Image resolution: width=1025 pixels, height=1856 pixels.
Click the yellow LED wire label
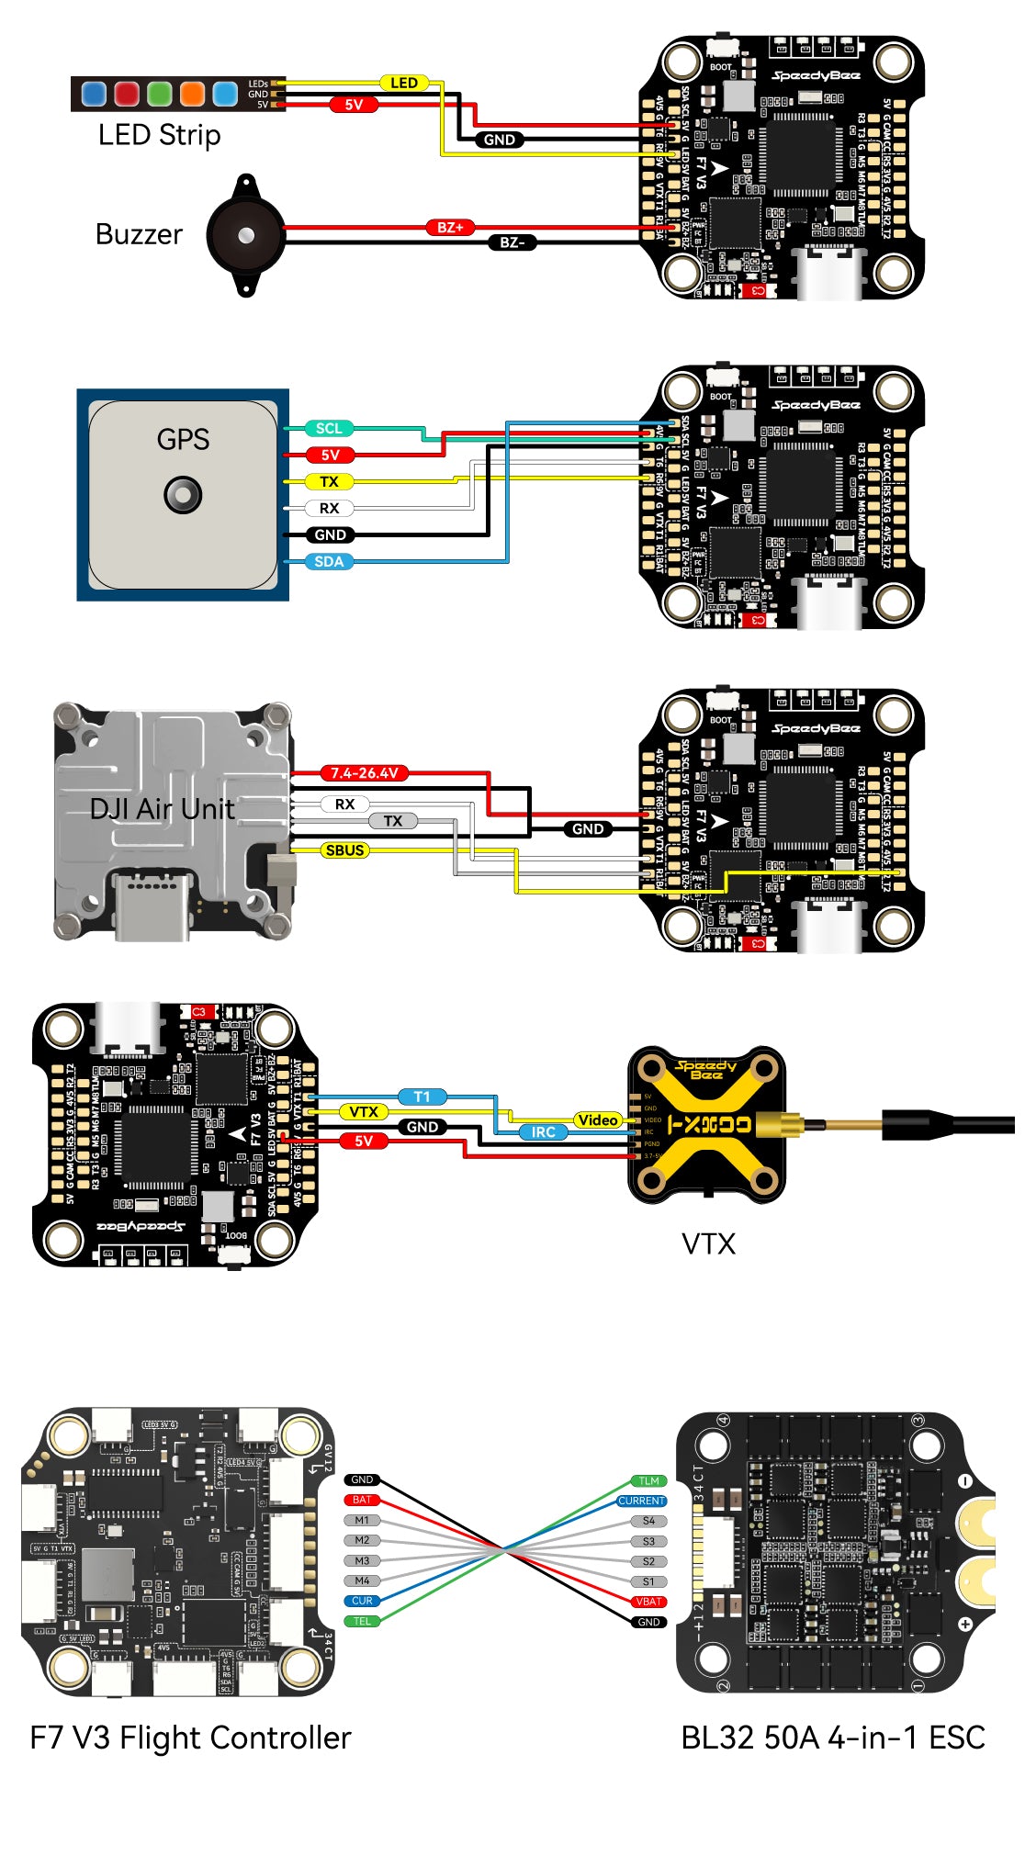point(404,83)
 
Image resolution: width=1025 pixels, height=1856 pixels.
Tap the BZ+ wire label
point(450,227)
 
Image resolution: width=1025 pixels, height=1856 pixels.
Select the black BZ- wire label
point(512,242)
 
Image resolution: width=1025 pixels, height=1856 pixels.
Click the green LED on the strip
point(160,94)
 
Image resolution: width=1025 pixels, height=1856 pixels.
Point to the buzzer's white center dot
point(245,236)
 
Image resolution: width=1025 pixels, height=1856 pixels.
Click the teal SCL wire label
point(329,428)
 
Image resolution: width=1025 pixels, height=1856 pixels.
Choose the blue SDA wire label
point(329,561)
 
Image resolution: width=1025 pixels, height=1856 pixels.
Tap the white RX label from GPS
point(329,508)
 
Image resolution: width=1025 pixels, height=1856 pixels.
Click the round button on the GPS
point(183,495)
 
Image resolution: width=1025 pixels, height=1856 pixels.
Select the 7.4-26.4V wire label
point(365,773)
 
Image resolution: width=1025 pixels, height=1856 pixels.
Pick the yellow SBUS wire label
point(344,850)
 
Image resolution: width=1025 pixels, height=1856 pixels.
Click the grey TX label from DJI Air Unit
point(393,821)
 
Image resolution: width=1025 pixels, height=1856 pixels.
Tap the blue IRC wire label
point(543,1132)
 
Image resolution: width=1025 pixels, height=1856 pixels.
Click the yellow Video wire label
point(598,1119)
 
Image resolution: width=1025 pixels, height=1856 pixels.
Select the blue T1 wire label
point(422,1097)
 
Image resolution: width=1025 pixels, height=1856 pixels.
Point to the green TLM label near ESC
point(648,1480)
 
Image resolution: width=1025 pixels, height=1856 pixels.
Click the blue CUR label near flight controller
point(362,1601)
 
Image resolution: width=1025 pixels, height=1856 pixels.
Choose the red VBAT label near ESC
point(648,1602)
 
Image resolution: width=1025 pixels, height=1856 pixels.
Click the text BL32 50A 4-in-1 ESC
point(832,1738)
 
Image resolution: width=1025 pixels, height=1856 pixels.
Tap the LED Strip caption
point(159,135)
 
